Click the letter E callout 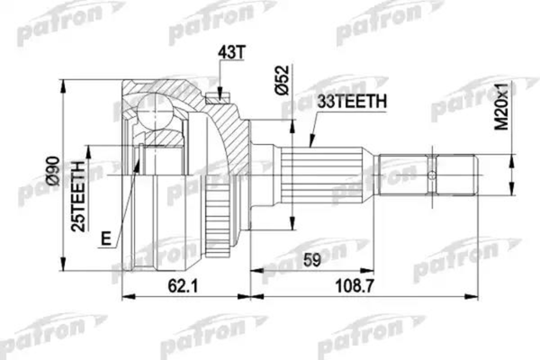(107, 238)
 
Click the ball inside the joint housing (154, 115)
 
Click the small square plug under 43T (214, 93)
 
